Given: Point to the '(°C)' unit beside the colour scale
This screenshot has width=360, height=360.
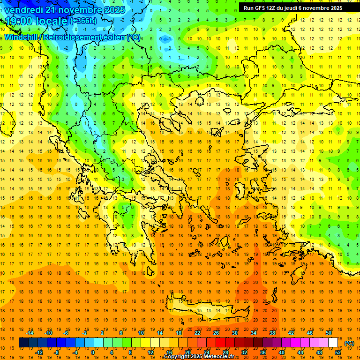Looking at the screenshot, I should (349, 343).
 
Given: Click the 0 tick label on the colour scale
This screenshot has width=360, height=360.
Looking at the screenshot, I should (92, 352).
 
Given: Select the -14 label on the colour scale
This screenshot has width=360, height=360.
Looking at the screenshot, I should (30, 333).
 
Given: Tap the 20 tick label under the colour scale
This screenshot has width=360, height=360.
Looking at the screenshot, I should (187, 352).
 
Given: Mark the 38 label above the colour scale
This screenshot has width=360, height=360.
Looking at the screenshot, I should (272, 333).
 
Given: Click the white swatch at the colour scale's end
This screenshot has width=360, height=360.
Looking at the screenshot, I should (333, 343).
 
